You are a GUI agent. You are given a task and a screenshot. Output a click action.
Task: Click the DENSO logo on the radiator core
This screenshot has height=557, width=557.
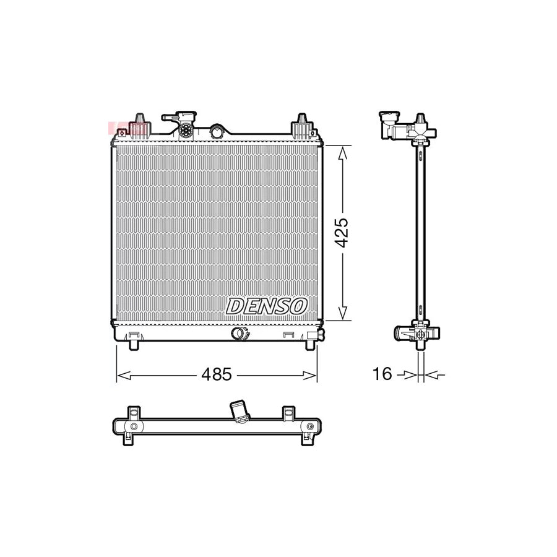click(267, 305)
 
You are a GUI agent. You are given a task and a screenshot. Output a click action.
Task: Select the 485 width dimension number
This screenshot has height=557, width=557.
click(217, 374)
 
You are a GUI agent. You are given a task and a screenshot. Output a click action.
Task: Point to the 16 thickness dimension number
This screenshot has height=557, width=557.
click(382, 374)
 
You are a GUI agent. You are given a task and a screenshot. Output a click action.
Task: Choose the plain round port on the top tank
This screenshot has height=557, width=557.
click(217, 131)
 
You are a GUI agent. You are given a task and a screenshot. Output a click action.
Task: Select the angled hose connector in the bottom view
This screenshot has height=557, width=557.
click(238, 411)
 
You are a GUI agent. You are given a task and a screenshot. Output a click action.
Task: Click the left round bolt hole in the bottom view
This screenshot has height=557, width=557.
click(134, 426)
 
